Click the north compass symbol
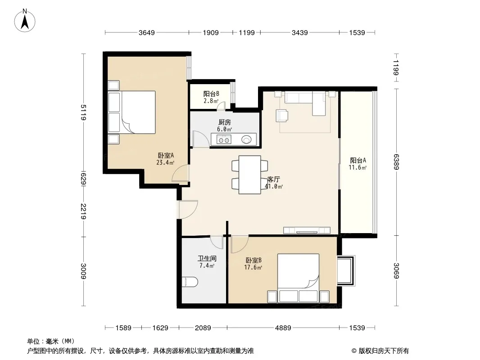tap(25, 21)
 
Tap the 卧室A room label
tap(166, 155)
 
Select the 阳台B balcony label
tap(211, 94)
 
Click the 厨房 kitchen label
tap(224, 122)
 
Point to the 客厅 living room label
tap(273, 179)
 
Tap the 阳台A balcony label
tap(358, 160)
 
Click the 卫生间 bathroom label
tap(207, 258)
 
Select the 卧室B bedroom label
tap(254, 260)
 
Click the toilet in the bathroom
tap(190, 282)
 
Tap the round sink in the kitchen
tap(246, 140)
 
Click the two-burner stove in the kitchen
tap(223, 140)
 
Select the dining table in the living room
tap(250, 175)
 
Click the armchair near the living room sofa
tap(282, 116)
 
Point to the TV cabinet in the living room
tap(307, 230)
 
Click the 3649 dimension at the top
tap(147, 33)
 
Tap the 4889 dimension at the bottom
tap(283, 328)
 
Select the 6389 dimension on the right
tap(396, 162)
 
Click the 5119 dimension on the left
tap(83, 112)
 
